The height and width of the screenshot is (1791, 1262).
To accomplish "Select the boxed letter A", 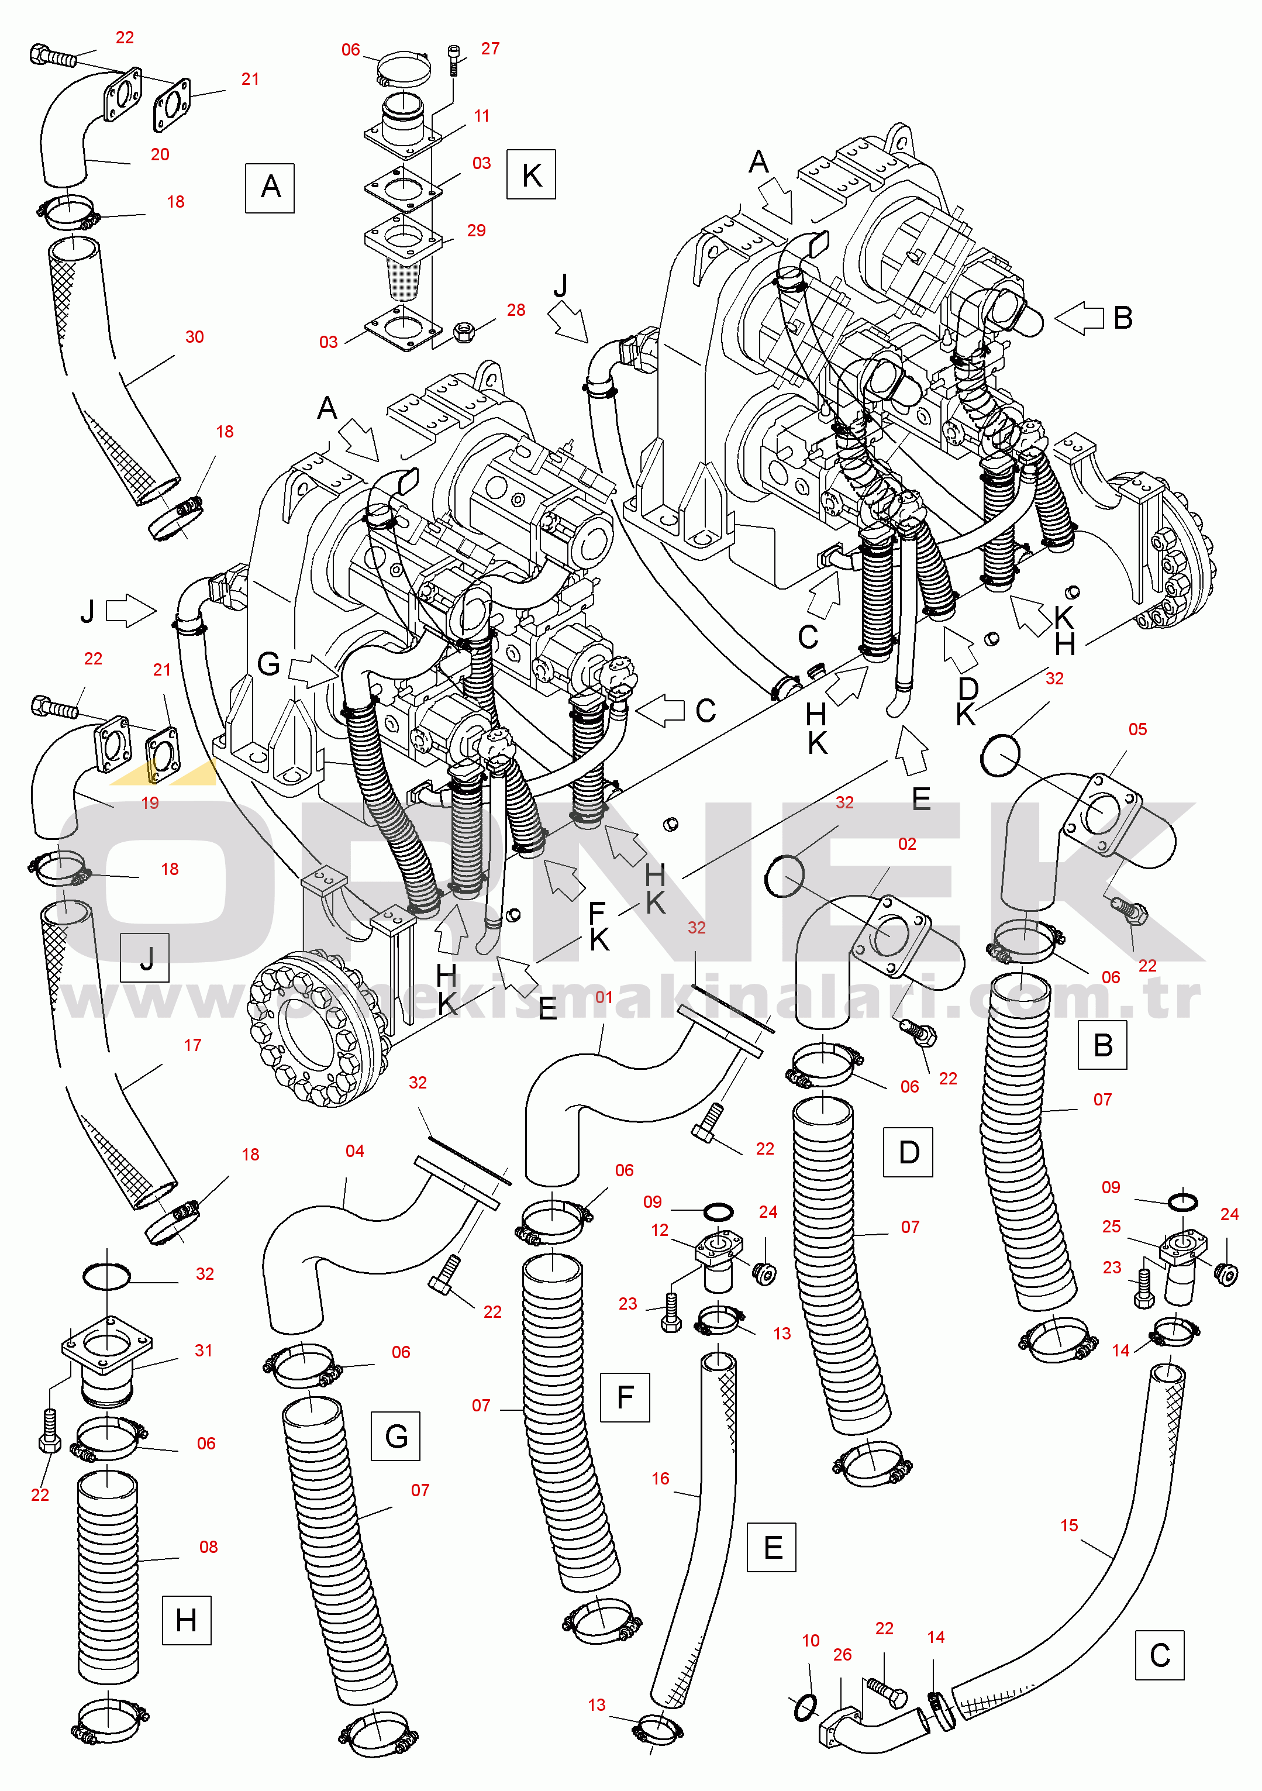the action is [270, 187].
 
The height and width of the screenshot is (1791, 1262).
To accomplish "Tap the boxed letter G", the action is [395, 1436].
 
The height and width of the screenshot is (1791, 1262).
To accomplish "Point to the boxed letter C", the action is [1160, 1655].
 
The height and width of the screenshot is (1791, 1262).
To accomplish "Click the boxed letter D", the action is [908, 1152].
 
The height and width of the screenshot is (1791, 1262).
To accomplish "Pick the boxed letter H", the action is [187, 1620].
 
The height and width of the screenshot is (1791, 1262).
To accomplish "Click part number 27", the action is [490, 49].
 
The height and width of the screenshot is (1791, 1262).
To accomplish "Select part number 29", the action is [476, 230].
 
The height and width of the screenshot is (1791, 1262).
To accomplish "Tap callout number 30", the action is [194, 337].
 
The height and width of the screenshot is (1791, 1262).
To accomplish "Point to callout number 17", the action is [192, 1045].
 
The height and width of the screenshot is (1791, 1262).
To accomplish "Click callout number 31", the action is [204, 1351].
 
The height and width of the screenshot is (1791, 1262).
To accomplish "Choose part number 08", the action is [208, 1547].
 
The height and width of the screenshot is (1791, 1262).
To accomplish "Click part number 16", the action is [661, 1478].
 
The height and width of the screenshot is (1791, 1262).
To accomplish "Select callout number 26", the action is [842, 1655].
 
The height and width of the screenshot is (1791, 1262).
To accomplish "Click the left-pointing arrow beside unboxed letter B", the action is [1080, 318].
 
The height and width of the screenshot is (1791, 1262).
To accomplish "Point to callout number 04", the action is [355, 1151].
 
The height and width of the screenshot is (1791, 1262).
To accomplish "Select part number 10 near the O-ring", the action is [811, 1641].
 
